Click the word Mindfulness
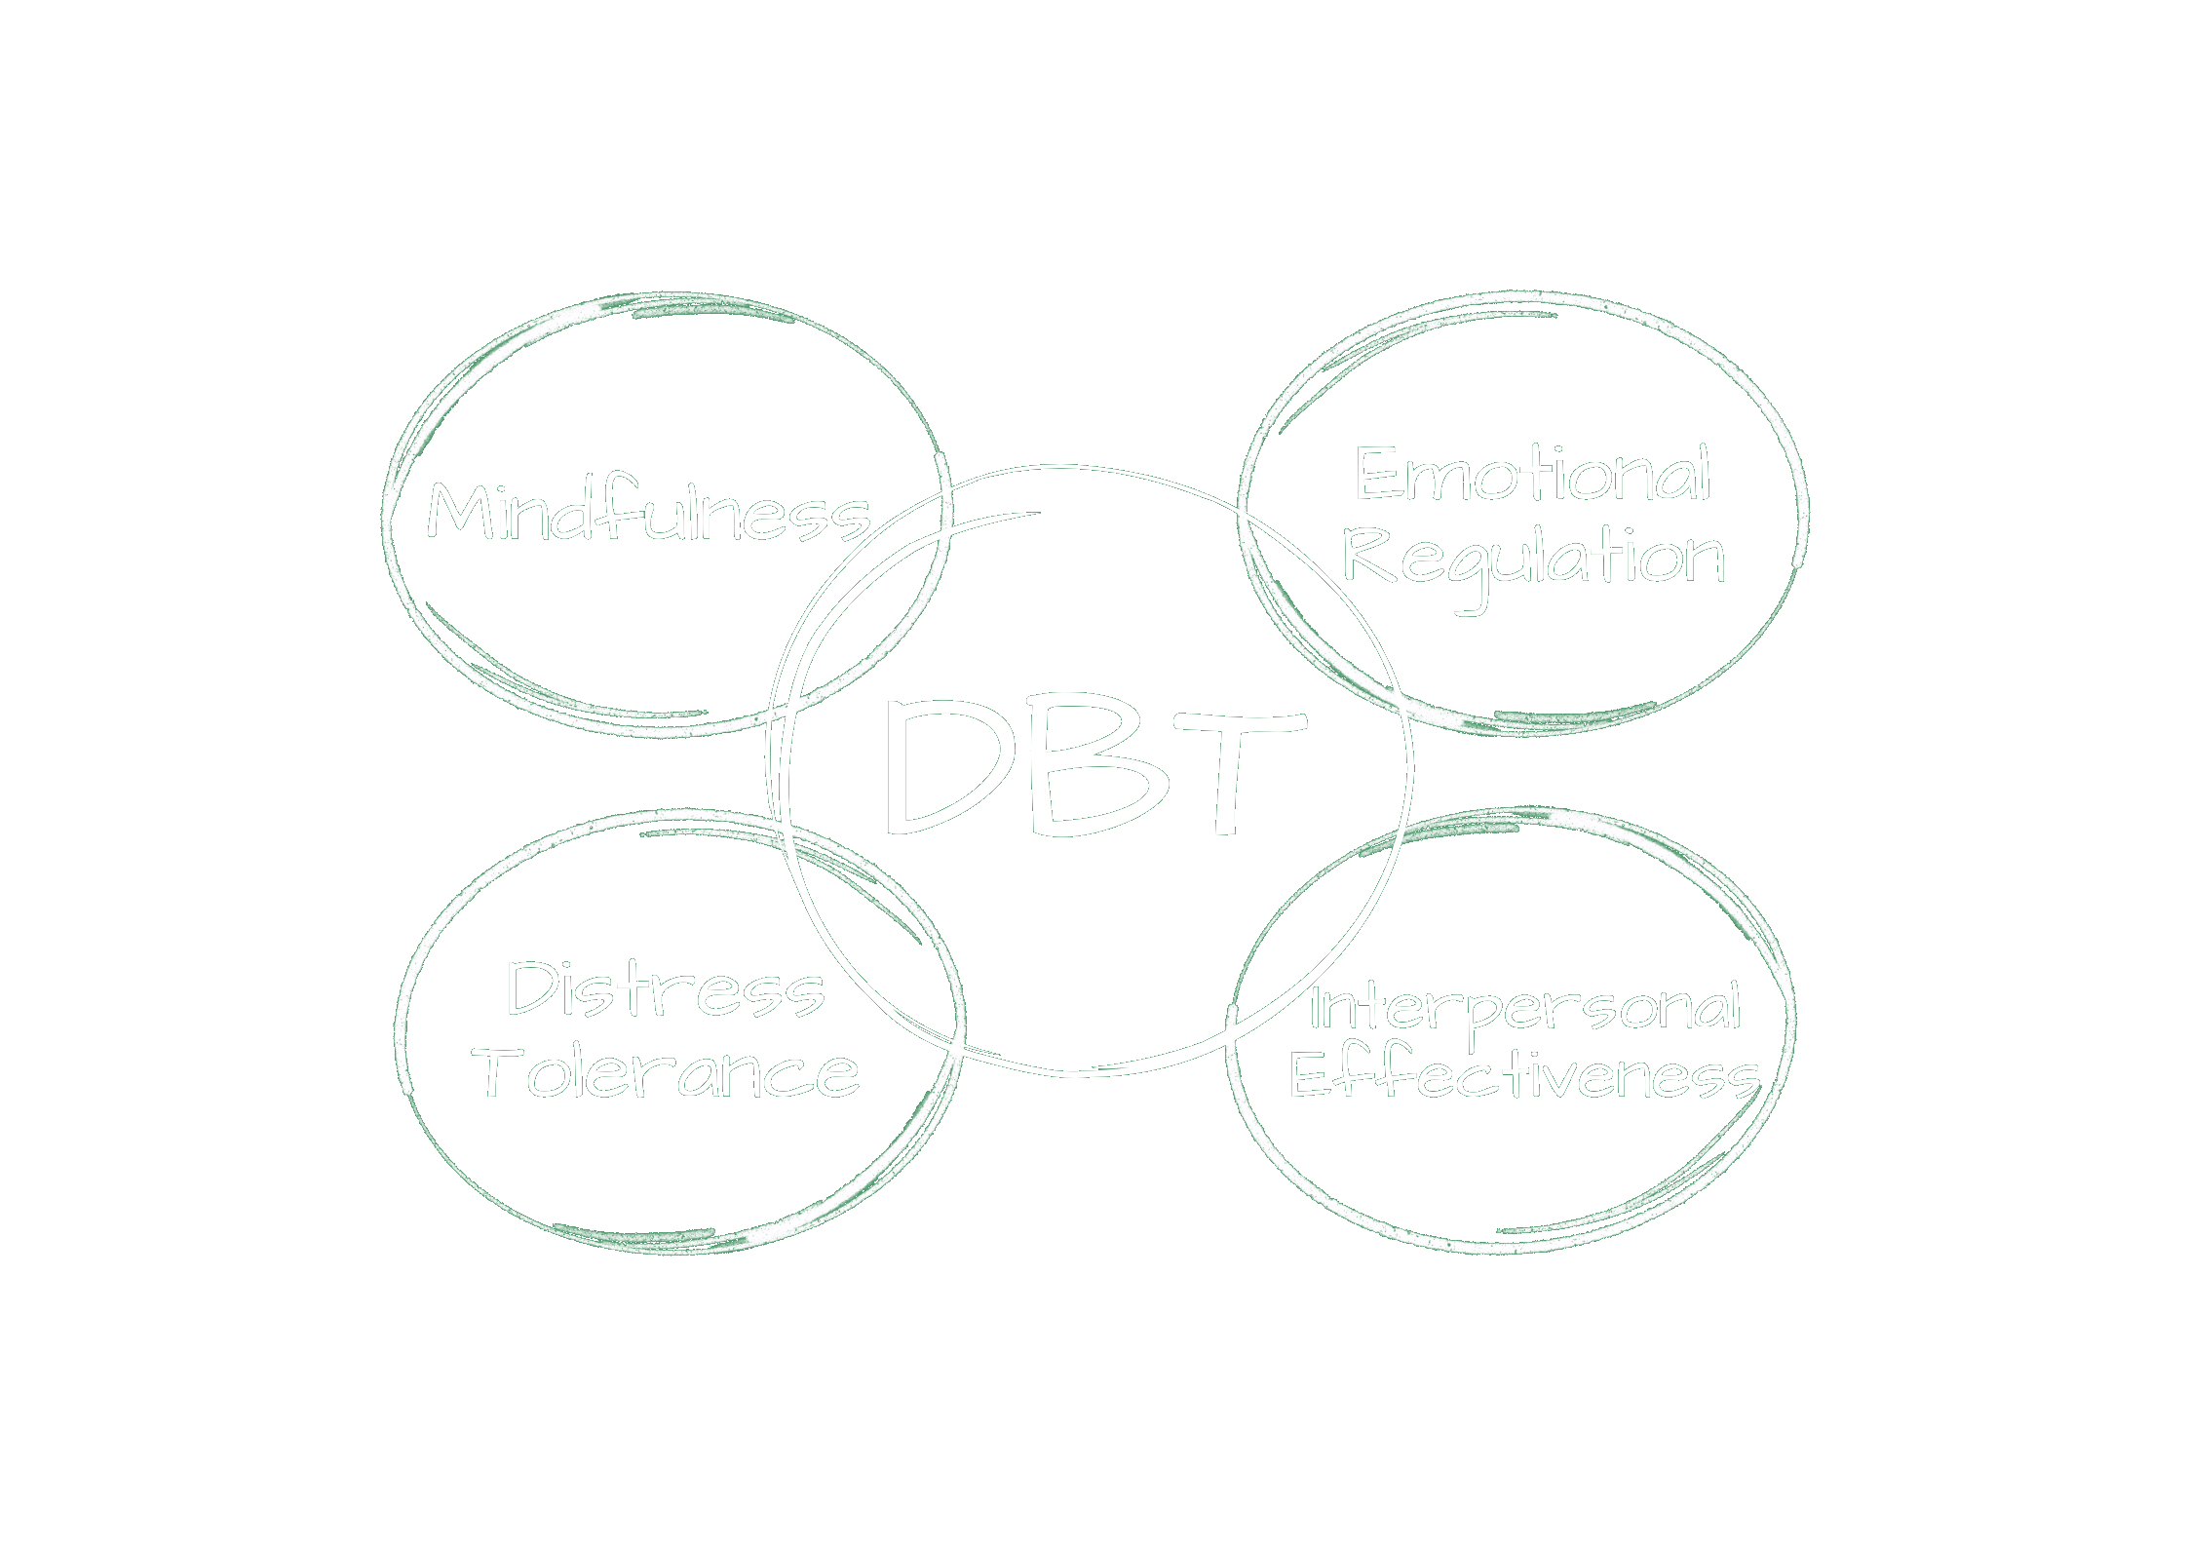(648, 512)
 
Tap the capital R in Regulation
(1369, 556)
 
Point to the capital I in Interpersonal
(1316, 1009)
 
